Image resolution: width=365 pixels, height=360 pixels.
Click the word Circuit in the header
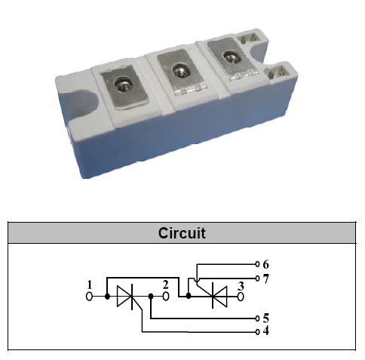coord(182,233)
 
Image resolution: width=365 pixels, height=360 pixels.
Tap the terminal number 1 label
coord(90,285)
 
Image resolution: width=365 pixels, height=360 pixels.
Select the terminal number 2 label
coord(165,285)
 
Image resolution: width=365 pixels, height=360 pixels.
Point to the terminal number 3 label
coord(241,286)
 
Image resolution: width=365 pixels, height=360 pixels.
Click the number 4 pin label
coord(266,331)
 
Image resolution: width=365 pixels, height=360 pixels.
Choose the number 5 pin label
coord(266,318)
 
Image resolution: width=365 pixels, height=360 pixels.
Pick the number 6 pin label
coord(266,264)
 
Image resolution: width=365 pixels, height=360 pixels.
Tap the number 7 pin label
coord(266,278)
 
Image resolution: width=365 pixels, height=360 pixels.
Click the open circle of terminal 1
coord(89,297)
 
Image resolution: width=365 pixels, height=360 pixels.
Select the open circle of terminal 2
coord(166,297)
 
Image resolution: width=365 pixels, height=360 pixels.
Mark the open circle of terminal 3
coord(241,297)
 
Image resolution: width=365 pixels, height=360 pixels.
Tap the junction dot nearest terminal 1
coord(107,297)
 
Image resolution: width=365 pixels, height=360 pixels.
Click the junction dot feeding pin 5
coord(151,296)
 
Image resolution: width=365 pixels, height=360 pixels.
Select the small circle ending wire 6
coord(257,264)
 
